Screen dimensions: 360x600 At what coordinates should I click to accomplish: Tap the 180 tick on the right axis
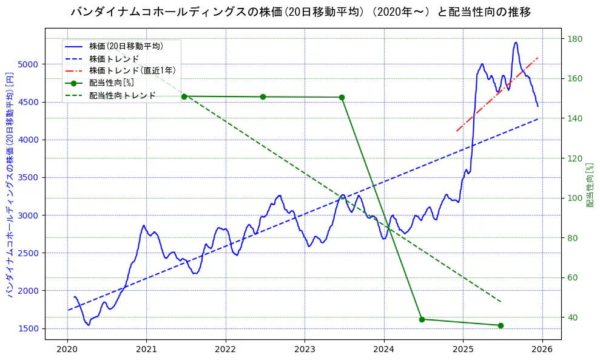click(575, 39)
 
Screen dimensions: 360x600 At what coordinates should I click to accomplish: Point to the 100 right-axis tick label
click(575, 198)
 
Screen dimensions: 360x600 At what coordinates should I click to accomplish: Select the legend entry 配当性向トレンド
click(122, 95)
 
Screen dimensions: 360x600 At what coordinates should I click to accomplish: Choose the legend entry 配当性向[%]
click(112, 83)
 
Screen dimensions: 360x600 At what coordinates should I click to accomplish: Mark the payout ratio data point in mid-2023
click(342, 97)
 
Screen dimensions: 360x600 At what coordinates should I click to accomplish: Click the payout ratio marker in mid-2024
click(422, 319)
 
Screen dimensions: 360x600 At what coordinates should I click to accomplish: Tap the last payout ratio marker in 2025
click(501, 325)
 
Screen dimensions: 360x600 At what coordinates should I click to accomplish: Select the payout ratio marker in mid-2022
click(263, 97)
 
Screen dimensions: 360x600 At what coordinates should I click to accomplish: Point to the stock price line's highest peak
click(516, 42)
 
